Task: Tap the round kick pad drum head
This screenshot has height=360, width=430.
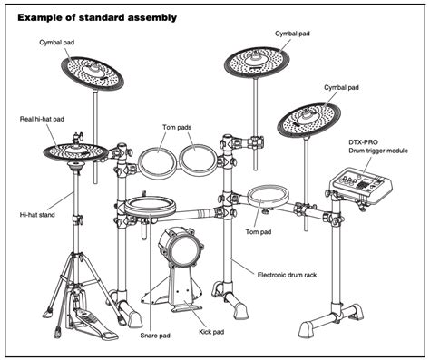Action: [x=177, y=248]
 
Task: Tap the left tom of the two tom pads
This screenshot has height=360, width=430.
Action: [x=157, y=163]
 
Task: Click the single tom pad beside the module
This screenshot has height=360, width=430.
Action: [x=266, y=196]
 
